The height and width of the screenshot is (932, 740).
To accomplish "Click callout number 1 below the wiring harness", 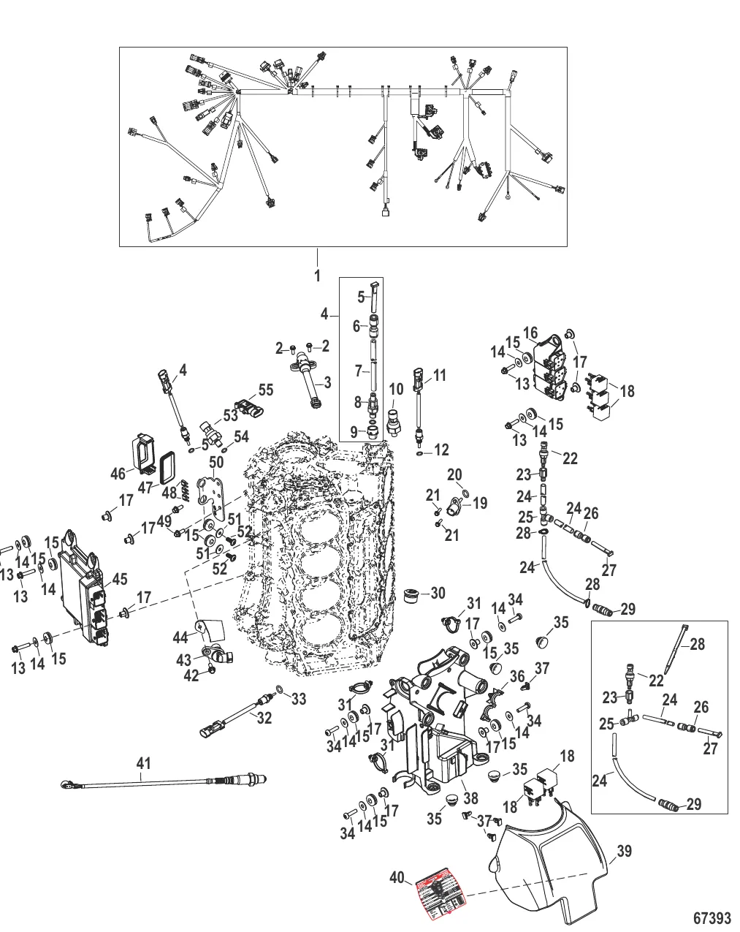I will [317, 277].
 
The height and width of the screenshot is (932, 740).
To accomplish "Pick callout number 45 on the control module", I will [119, 580].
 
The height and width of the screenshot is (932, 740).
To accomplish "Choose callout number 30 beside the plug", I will [438, 594].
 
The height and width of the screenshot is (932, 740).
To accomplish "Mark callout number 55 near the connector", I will [265, 390].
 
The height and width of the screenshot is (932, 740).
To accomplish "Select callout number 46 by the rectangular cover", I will [118, 474].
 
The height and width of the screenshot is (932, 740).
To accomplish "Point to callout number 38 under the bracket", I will [471, 800].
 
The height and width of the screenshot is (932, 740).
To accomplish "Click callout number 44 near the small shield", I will [180, 638].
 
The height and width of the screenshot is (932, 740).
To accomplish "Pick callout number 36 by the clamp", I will [516, 677].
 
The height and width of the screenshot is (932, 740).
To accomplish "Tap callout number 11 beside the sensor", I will [440, 376].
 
